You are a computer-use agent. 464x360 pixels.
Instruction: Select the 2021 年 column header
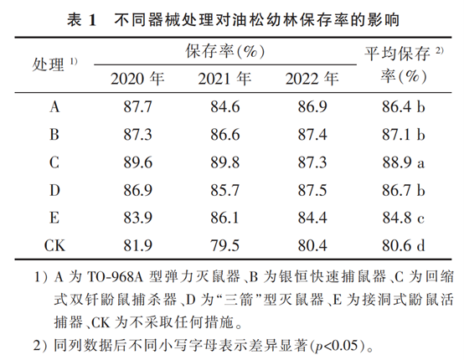click(225, 80)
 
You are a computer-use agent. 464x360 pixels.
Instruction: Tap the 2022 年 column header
click(312, 80)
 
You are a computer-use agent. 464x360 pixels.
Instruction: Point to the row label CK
click(55, 245)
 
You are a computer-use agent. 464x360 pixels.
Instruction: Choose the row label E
click(55, 218)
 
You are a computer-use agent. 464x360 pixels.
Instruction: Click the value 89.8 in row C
click(225, 162)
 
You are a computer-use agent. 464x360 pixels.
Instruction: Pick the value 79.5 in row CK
click(225, 245)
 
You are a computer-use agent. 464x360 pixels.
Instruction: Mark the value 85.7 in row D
click(225, 190)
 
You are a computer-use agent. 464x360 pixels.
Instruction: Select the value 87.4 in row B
click(312, 134)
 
